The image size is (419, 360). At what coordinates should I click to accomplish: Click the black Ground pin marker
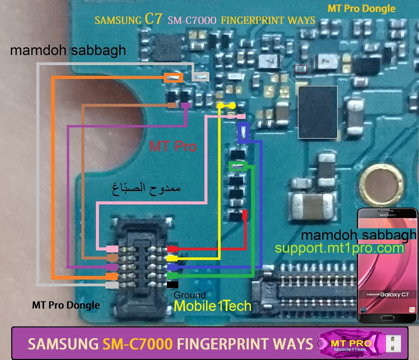pos(172,285)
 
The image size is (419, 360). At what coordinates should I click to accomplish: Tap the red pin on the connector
pos(172,249)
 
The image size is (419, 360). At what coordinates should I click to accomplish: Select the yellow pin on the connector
pos(172,258)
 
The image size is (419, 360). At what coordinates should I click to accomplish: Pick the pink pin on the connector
pos(112,248)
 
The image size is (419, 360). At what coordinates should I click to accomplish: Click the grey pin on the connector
pos(112,285)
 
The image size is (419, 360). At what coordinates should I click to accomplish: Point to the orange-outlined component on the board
pos(173,78)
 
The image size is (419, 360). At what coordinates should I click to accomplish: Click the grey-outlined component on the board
pos(201,77)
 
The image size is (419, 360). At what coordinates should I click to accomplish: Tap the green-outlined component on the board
pos(238,166)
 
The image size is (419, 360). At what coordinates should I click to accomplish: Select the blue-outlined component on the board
pos(244,132)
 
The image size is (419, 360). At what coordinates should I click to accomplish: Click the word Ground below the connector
pos(190,295)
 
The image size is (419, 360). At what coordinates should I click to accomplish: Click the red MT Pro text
pos(173,146)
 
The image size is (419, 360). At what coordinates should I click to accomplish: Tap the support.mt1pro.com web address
pos(339,248)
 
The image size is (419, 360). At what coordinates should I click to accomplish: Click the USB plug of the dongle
pos(393,344)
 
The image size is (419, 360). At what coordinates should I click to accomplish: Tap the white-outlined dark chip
pos(318,112)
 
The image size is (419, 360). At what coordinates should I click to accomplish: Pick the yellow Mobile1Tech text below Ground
pos(212,306)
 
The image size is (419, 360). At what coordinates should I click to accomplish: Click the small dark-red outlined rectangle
pos(301,69)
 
